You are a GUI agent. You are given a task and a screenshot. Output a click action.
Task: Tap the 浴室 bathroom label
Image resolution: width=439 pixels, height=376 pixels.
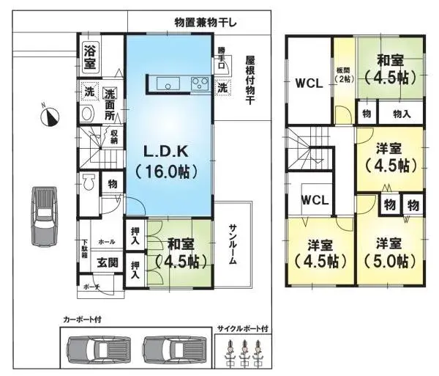pyautogui.click(x=90, y=56)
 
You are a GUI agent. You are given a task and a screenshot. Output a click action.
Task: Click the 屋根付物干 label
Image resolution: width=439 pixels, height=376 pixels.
pyautogui.click(x=249, y=81)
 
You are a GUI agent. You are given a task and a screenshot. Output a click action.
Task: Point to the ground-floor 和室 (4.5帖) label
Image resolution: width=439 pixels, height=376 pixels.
pyautogui.click(x=179, y=252)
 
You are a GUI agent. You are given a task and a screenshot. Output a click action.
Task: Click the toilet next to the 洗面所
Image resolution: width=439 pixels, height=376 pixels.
pyautogui.click(x=87, y=114)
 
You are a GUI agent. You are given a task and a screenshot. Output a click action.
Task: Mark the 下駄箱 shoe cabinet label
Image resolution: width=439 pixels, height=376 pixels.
pyautogui.click(x=85, y=251)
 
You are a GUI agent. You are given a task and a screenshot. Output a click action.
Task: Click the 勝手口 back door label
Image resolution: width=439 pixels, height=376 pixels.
pyautogui.click(x=222, y=58)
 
